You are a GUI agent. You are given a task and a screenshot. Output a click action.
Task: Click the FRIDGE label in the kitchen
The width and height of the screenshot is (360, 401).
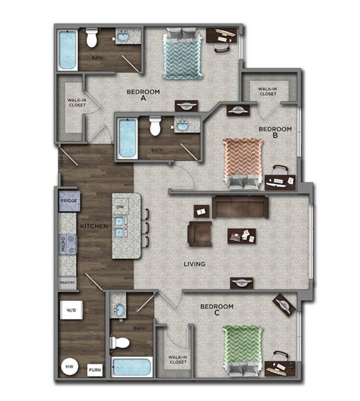70,201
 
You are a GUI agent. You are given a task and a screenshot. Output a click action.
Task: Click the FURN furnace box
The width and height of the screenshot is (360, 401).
95,370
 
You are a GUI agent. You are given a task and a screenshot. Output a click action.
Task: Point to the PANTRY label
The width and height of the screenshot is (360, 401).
67,284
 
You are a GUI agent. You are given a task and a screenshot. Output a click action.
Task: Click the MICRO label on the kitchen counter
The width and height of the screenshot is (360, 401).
64,241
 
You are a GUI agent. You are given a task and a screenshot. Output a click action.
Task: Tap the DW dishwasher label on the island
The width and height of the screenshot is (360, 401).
121,207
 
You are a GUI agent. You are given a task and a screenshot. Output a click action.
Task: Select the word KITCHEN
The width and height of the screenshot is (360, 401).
94,226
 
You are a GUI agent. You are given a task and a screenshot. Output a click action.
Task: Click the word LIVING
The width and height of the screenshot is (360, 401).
195,264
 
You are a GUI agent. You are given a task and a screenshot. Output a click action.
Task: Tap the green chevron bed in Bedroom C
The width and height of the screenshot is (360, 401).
242,350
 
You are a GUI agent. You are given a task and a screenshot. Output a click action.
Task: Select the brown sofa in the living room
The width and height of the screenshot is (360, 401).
240,207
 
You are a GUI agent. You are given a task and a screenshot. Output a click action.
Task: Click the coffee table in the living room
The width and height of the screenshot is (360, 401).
242,236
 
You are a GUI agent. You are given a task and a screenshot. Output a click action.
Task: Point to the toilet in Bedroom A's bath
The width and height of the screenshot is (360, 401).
92,38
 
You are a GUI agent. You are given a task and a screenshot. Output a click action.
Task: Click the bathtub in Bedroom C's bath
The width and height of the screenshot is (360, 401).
132,366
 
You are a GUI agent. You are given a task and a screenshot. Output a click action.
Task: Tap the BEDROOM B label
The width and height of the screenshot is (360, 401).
275,129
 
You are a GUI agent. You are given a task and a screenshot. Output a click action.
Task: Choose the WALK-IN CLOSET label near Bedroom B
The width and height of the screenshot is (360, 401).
267,91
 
